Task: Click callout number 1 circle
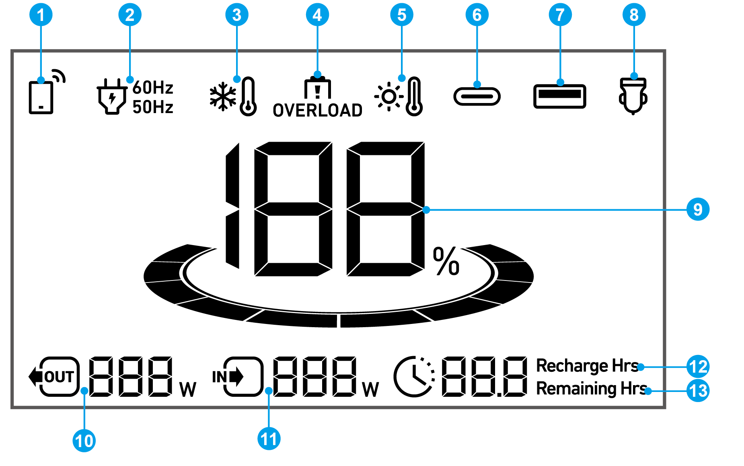41,15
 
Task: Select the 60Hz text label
153,87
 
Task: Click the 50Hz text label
153,107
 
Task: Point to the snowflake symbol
222,97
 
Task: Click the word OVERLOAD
317,110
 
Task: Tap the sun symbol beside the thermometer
389,97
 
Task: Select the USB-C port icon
477,97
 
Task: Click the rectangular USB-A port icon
559,97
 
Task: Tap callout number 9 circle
698,209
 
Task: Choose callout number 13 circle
698,391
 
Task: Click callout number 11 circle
269,439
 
